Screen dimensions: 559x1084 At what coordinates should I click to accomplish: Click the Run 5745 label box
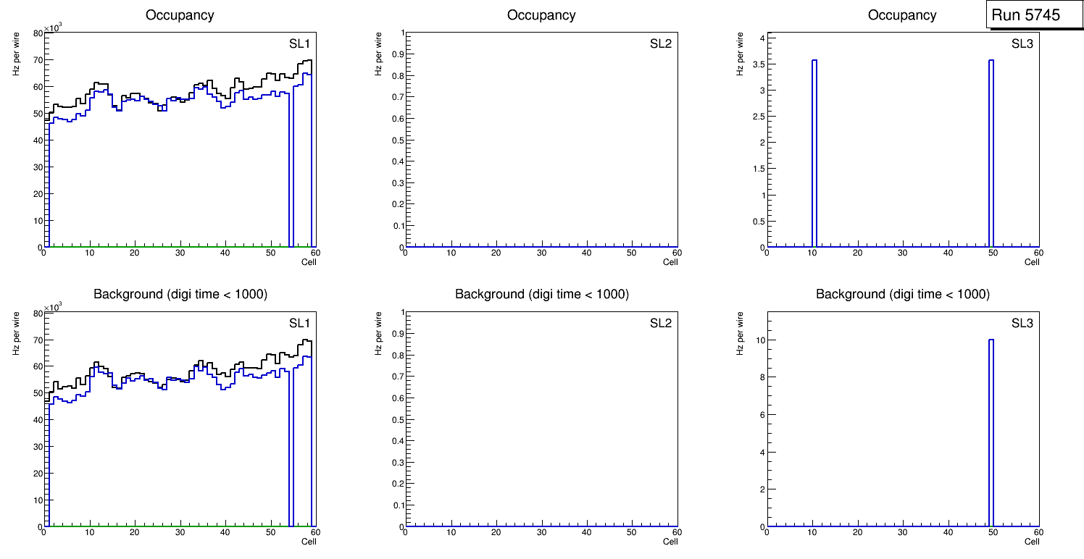1029,15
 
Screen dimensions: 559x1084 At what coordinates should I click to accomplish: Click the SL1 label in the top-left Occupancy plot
300,43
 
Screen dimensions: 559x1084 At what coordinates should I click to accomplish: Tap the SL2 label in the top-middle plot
661,43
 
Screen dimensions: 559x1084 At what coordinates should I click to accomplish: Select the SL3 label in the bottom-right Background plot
1022,323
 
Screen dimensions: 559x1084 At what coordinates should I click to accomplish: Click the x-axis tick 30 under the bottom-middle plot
541,533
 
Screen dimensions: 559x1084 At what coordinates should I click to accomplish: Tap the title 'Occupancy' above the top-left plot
180,14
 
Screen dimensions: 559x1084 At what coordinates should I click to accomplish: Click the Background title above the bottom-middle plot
541,294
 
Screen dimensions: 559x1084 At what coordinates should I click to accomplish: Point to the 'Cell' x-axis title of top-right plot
1032,262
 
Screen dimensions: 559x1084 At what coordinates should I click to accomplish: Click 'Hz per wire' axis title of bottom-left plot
16,333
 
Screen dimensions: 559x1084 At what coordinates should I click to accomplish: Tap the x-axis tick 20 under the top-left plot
135,253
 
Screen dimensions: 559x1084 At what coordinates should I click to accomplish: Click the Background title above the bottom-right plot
902,294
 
